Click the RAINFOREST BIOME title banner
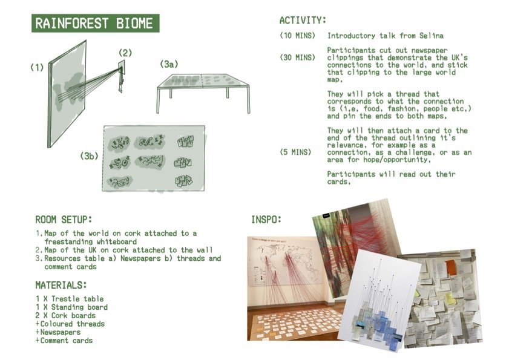pos(95,24)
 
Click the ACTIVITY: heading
pos(303,21)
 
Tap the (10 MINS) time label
pos(297,36)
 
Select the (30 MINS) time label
pos(297,57)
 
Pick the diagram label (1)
pos(38,68)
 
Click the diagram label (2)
pos(125,53)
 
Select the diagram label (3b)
pos(89,155)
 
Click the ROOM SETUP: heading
pos(64,219)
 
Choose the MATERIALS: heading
pos(60,284)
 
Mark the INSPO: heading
pos(266,219)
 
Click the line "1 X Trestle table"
pos(70,299)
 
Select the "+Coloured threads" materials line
pos(70,324)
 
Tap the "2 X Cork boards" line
pos(65,316)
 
